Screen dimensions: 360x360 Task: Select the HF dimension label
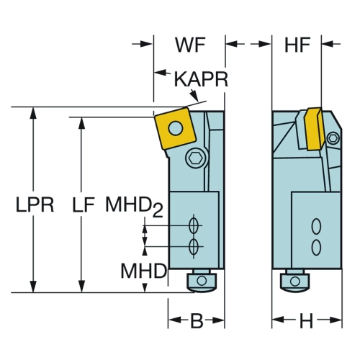(x=297, y=45)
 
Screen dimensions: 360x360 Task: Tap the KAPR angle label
(x=201, y=79)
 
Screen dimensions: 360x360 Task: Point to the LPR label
(x=35, y=204)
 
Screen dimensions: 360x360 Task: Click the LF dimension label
(x=84, y=204)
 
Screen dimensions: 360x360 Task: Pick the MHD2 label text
(x=135, y=206)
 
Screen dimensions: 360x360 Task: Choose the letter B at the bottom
(x=197, y=321)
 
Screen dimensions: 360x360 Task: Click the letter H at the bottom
(x=307, y=321)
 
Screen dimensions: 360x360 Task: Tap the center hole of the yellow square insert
(x=176, y=127)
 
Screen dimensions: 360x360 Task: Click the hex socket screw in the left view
(x=197, y=158)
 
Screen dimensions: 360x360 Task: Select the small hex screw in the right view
(x=333, y=138)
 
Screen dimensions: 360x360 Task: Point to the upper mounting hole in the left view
(x=193, y=225)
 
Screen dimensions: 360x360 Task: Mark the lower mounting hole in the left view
(x=193, y=246)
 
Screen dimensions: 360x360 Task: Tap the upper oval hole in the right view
(x=316, y=226)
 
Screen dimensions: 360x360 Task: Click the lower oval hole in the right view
(x=316, y=247)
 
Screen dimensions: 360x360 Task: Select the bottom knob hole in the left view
(x=202, y=280)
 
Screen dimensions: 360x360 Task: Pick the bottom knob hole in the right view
(x=294, y=281)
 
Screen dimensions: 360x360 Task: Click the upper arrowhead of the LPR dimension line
(x=33, y=113)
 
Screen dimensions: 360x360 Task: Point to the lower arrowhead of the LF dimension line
(x=82, y=287)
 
